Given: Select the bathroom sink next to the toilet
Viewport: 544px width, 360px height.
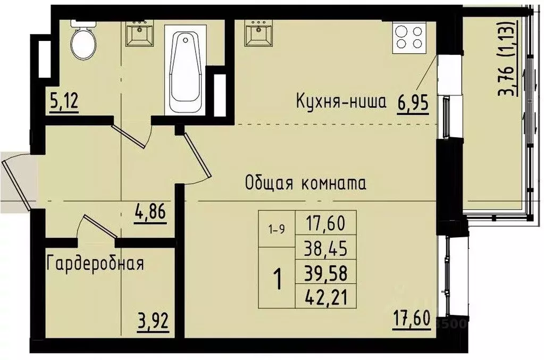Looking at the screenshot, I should point(139,35).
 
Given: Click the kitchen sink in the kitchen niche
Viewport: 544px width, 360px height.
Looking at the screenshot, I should point(258,35).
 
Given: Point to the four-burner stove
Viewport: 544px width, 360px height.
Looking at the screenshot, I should point(409,37).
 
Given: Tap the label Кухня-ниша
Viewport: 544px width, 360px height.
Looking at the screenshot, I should point(341,101).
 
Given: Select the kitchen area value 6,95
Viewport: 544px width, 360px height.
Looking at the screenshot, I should point(413,101).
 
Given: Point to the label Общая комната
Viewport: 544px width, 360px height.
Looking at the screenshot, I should point(306,183).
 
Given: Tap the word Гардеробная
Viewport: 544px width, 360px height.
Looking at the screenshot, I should point(96,263).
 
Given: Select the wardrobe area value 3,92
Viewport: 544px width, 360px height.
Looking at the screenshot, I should point(151,321).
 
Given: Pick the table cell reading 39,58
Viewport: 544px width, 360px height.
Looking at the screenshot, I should point(325,274).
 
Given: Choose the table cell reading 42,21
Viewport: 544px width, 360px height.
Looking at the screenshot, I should point(325,298).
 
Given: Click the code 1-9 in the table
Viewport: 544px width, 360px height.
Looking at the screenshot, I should point(277,229).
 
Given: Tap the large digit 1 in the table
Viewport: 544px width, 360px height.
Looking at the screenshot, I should point(277,278).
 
